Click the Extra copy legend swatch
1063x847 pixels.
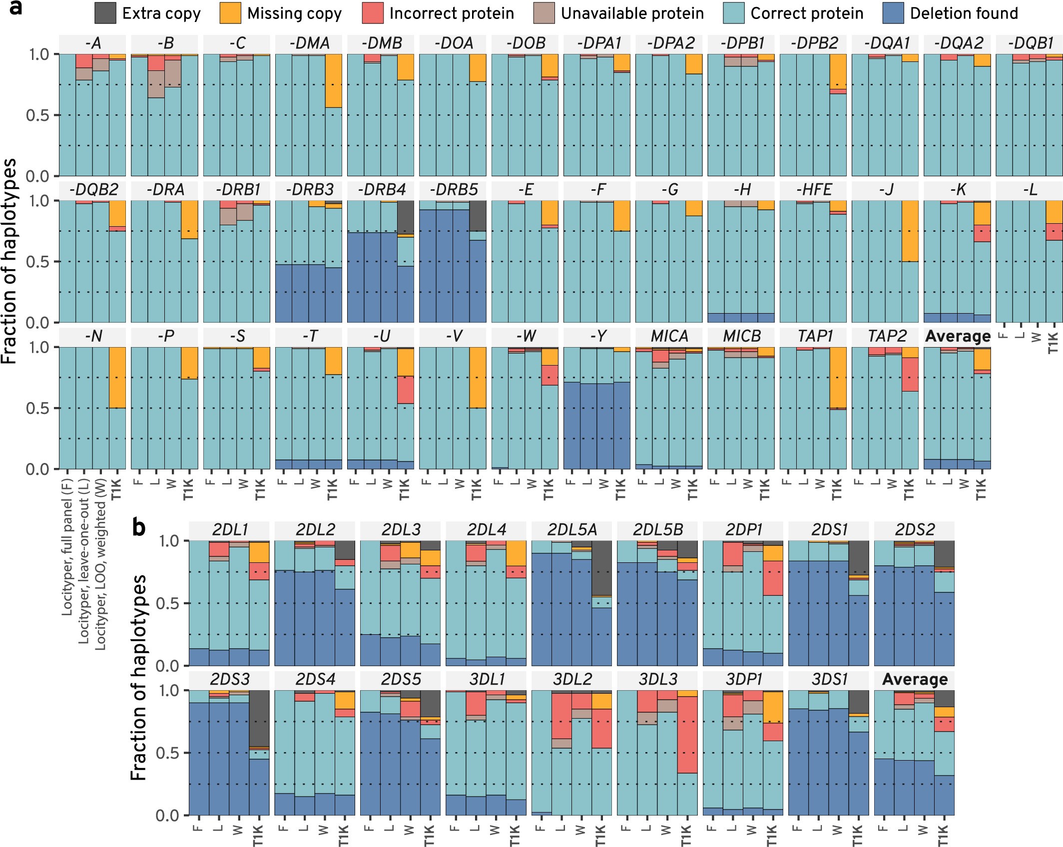point(106,13)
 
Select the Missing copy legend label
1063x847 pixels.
point(295,13)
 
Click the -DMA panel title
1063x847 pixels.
point(309,43)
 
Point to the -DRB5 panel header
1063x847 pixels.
point(453,190)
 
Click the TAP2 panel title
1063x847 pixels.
point(885,336)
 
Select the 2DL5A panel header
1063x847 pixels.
point(571,529)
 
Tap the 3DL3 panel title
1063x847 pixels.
point(657,679)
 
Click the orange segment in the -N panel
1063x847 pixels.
point(117,377)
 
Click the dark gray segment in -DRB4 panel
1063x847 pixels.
point(406,217)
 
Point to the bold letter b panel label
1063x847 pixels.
point(139,527)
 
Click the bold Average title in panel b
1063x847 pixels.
point(914,679)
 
